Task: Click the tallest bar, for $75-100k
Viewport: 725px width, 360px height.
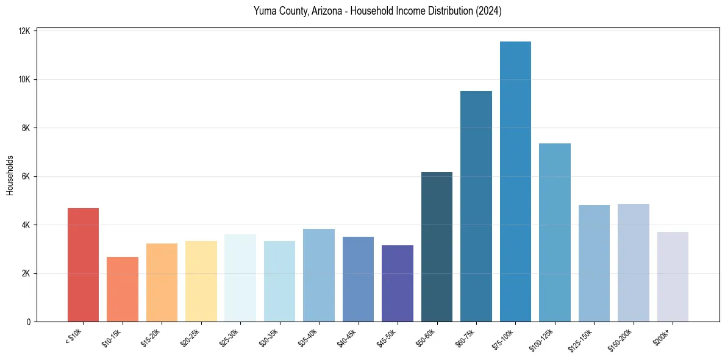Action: pyautogui.click(x=515, y=183)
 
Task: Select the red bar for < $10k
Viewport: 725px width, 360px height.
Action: pyautogui.click(x=83, y=265)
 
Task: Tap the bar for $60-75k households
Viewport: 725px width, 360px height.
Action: pyautogui.click(x=476, y=207)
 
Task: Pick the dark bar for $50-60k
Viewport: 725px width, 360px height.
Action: pyautogui.click(x=437, y=247)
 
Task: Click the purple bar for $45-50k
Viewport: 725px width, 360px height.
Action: pyautogui.click(x=398, y=284)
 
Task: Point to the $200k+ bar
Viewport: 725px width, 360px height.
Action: pyautogui.click(x=673, y=277)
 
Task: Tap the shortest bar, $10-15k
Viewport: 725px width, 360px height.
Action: pyautogui.click(x=122, y=290)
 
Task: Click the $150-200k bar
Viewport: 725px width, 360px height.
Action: pyautogui.click(x=634, y=263)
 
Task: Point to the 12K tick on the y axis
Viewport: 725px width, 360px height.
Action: pyautogui.click(x=25, y=31)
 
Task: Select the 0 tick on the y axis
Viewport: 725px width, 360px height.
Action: pyautogui.click(x=29, y=322)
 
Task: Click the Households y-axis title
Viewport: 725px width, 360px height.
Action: pyautogui.click(x=10, y=175)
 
